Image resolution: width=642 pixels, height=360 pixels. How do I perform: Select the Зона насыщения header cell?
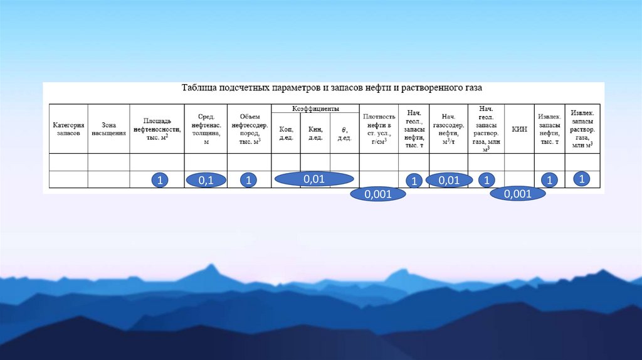pyautogui.click(x=108, y=129)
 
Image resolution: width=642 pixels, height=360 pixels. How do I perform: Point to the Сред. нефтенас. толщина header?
pyautogui.click(x=205, y=129)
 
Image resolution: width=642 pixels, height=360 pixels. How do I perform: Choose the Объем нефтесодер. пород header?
pyautogui.click(x=248, y=129)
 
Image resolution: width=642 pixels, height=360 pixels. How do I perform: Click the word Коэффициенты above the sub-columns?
pyautogui.click(x=315, y=109)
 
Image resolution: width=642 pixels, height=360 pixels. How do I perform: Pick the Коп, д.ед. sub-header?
pyautogui.click(x=285, y=133)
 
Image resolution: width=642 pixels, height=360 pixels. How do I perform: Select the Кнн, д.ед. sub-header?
pyautogui.click(x=315, y=133)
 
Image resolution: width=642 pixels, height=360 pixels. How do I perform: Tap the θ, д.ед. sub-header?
pyautogui.click(x=344, y=133)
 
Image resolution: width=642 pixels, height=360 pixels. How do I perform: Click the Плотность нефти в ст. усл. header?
pyautogui.click(x=379, y=129)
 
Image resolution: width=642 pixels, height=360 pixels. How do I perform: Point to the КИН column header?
pyautogui.click(x=519, y=129)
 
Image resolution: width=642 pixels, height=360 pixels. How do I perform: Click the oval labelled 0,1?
pyautogui.click(x=206, y=181)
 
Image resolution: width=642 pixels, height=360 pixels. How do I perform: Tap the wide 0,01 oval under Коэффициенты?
pyautogui.click(x=313, y=179)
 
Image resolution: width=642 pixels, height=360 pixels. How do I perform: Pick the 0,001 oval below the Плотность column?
pyautogui.click(x=378, y=194)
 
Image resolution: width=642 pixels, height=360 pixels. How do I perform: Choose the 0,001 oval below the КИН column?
pyautogui.click(x=517, y=194)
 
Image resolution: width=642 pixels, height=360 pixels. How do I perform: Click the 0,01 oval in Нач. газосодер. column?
pyautogui.click(x=449, y=181)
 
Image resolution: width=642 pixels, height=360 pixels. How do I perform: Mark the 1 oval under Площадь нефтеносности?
pyautogui.click(x=160, y=181)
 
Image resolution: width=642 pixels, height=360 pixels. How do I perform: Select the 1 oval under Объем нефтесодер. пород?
pyautogui.click(x=248, y=181)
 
